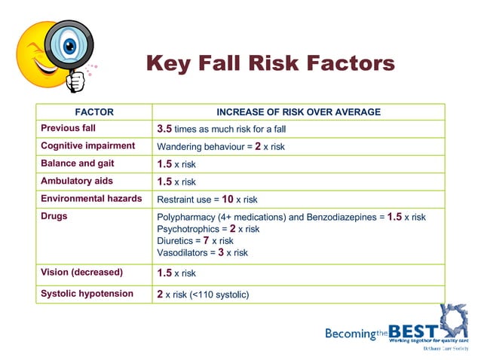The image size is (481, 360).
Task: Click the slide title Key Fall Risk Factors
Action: click(x=270, y=63)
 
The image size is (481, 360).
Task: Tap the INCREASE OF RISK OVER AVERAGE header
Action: click(x=299, y=112)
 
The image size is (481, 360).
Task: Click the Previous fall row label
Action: click(x=68, y=129)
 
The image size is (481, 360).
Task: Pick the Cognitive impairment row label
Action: click(x=87, y=146)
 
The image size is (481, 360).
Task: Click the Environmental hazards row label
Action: click(x=91, y=199)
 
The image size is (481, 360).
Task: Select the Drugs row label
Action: click(x=54, y=216)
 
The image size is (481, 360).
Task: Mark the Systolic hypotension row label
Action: click(x=87, y=294)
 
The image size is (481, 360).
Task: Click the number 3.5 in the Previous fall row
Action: click(x=164, y=129)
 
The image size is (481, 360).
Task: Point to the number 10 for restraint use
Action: click(x=228, y=200)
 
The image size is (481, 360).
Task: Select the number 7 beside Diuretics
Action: click(x=206, y=240)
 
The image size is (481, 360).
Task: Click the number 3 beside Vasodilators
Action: click(x=221, y=252)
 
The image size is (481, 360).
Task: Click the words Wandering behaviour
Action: click(x=198, y=147)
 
